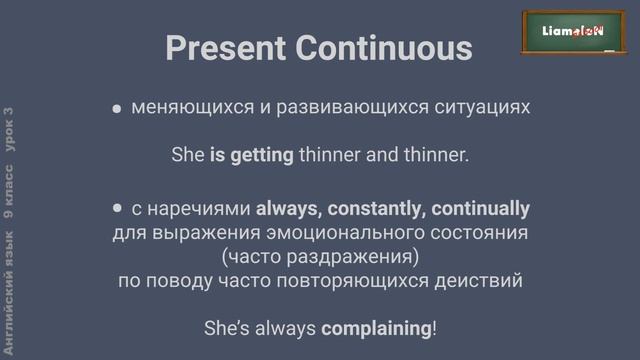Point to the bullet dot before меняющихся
pos(117,108)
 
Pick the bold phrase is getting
pos(251,156)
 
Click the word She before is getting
pos(188,156)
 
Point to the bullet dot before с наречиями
pos(117,209)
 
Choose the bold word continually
pos(474,209)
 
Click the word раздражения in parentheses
pos(361,257)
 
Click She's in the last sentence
pos(228,328)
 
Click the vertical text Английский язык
pos(9,300)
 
